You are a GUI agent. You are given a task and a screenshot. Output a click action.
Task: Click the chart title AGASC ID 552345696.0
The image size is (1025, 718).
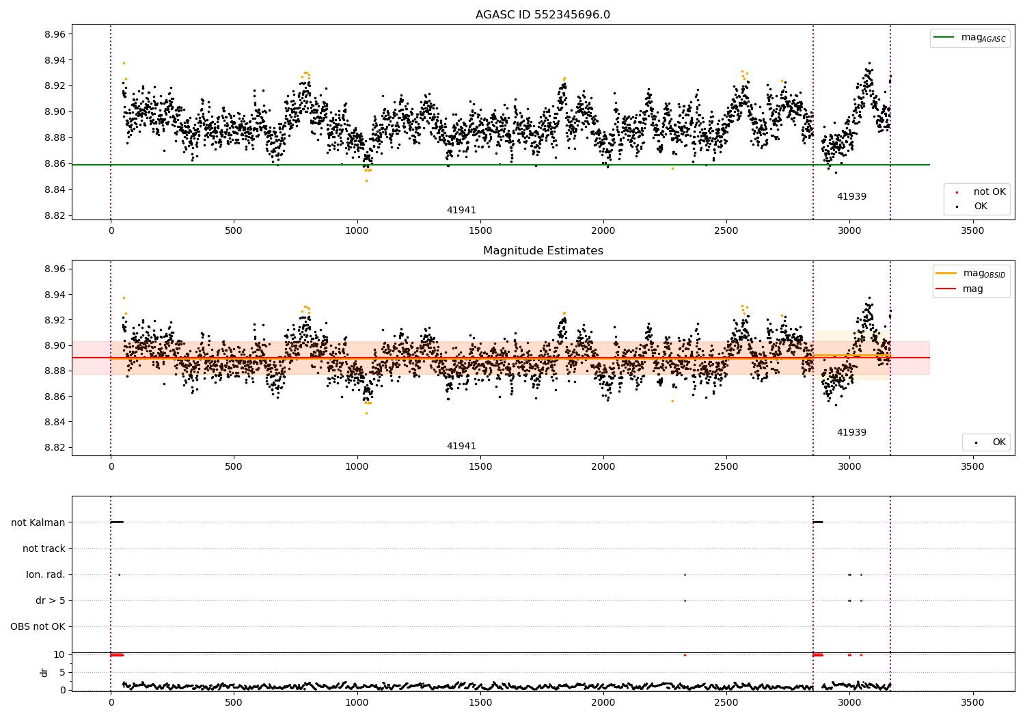click(543, 15)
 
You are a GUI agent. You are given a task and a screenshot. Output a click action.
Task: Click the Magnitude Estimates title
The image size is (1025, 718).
click(543, 251)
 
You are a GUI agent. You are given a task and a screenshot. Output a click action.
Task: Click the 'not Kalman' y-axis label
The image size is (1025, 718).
click(38, 522)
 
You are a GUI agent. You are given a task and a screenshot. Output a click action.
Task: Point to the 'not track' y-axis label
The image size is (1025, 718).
click(44, 548)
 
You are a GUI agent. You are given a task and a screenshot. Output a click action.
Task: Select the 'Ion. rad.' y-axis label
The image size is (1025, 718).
click(46, 574)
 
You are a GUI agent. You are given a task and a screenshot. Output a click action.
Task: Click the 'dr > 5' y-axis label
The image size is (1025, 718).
click(51, 600)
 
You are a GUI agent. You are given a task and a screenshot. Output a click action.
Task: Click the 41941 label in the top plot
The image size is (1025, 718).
click(461, 211)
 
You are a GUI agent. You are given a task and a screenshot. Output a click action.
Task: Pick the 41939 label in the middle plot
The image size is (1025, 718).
click(851, 432)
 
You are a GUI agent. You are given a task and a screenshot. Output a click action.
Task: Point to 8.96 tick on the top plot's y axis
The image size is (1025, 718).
click(53, 34)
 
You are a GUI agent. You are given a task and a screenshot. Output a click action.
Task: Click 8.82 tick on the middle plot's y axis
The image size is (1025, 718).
click(53, 447)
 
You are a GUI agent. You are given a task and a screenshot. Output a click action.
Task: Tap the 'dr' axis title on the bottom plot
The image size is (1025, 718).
click(44, 672)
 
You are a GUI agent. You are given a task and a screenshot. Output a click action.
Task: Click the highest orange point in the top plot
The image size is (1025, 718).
click(124, 63)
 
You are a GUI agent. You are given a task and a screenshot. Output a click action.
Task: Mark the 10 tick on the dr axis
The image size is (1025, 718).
click(59, 654)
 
